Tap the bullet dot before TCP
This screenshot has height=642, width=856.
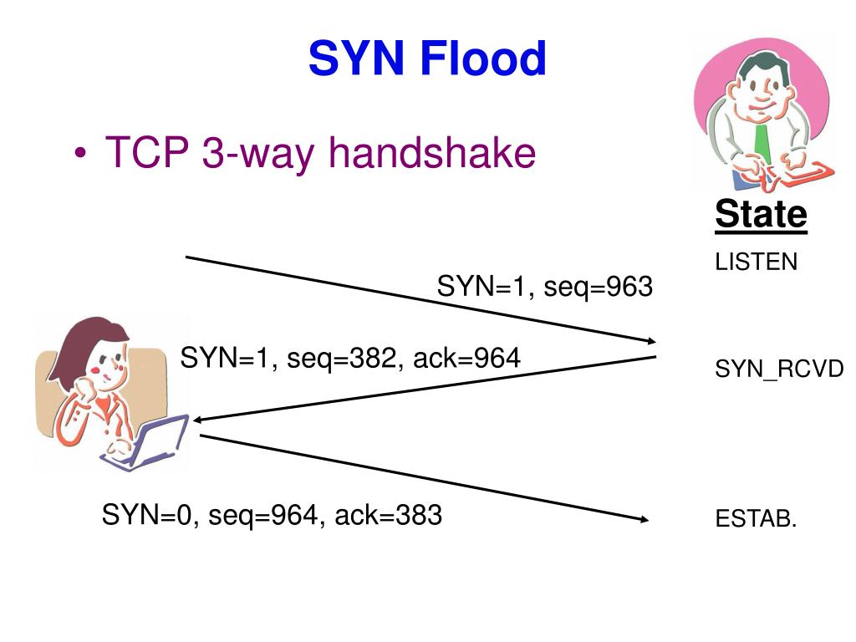click(x=80, y=156)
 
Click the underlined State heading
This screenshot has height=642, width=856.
click(x=761, y=215)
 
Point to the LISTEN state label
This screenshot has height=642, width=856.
click(x=757, y=262)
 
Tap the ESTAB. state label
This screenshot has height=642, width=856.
click(x=756, y=519)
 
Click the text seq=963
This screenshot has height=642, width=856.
click(x=598, y=288)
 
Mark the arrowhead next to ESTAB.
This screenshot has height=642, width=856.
click(x=645, y=519)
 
